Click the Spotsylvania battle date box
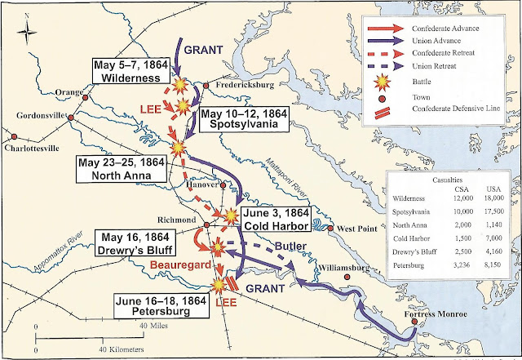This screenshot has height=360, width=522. [240, 118]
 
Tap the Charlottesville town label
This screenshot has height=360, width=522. [31, 149]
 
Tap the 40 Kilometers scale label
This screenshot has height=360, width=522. [129, 349]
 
